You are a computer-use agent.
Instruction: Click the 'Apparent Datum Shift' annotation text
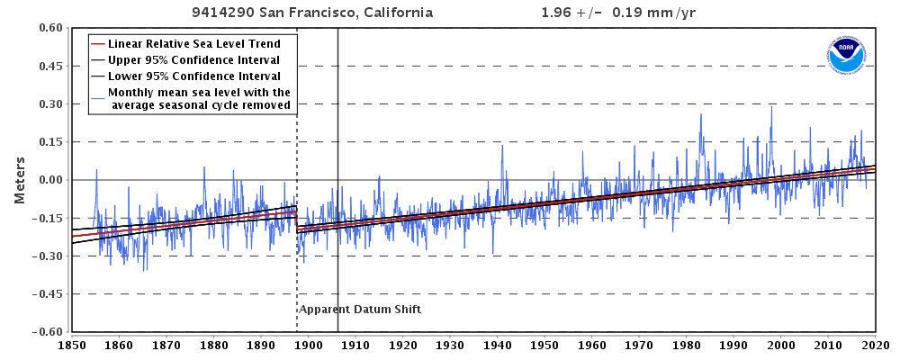click(x=360, y=310)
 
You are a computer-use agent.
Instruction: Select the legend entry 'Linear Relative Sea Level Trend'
click(x=193, y=43)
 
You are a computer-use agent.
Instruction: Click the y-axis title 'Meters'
click(x=19, y=180)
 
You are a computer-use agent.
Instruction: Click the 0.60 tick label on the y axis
click(x=48, y=28)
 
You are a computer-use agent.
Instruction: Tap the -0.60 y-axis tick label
click(x=46, y=331)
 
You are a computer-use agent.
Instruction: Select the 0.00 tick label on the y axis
click(x=48, y=180)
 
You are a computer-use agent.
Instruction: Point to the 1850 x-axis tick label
click(x=71, y=344)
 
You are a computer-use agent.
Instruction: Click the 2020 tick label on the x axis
click(x=876, y=344)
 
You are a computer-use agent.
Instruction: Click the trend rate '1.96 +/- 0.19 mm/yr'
click(x=607, y=13)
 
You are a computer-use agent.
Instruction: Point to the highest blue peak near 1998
click(x=771, y=108)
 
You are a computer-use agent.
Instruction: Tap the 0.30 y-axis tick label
click(x=48, y=104)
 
